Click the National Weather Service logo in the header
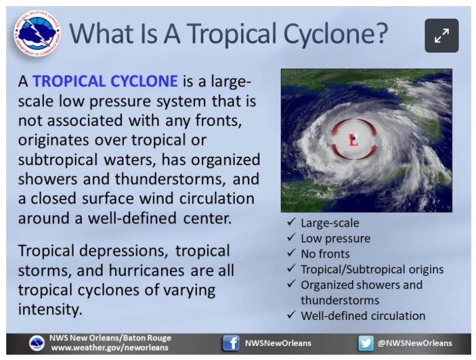pyautogui.click(x=37, y=34)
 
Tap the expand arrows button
pyautogui.click(x=442, y=35)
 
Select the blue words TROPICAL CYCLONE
pyautogui.click(x=105, y=81)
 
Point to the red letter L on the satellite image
pyautogui.click(x=354, y=141)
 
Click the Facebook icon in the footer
pyautogui.click(x=231, y=343)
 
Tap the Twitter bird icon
pyautogui.click(x=366, y=343)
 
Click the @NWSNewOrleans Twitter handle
pyautogui.click(x=415, y=343)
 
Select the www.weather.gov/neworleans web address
pyautogui.click(x=110, y=348)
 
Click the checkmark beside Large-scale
pyautogui.click(x=291, y=222)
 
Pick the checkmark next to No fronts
pyautogui.click(x=291, y=253)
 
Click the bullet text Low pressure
pyautogui.click(x=335, y=239)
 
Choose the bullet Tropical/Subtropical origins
pyautogui.click(x=372, y=270)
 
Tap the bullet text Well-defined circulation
pyautogui.click(x=363, y=315)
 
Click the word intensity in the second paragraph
pyautogui.click(x=50, y=310)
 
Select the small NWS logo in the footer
pyautogui.click(x=37, y=343)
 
